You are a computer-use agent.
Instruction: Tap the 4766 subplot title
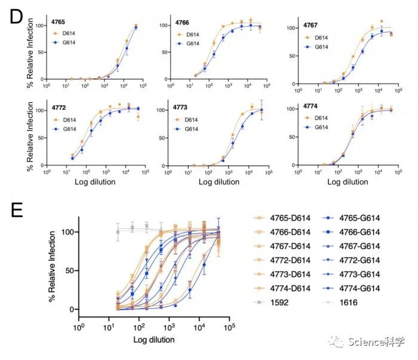(183, 22)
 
